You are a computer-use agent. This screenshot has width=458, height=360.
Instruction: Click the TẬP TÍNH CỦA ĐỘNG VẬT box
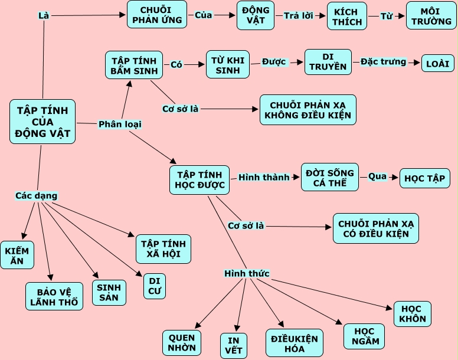tap(42, 122)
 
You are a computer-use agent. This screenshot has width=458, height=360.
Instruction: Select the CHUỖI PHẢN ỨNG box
tap(156, 15)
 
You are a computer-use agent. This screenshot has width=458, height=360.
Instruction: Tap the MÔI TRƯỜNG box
tap(430, 16)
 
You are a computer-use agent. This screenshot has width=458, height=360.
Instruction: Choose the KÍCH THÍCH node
tap(347, 16)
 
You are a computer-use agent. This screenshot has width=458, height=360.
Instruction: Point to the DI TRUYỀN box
tap(328, 62)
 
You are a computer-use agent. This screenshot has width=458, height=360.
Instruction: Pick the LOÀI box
tap(437, 63)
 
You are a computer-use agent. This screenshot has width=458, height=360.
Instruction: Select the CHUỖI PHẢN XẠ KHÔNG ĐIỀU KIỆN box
tap(307, 109)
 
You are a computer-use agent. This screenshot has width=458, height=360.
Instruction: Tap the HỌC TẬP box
tap(425, 178)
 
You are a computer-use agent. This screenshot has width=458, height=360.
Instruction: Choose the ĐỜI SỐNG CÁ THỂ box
tap(329, 177)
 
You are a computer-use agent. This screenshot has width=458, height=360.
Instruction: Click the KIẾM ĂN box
tap(17, 255)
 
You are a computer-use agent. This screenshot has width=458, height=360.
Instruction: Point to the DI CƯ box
tap(155, 285)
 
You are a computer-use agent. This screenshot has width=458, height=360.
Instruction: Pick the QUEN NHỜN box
tap(182, 343)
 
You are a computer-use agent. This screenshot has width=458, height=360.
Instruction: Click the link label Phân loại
tap(120, 124)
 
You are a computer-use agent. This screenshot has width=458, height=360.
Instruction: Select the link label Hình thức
tap(247, 273)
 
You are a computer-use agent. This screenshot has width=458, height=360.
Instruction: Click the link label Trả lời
tap(299, 16)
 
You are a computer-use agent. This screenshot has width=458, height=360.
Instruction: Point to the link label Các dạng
tap(37, 195)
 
